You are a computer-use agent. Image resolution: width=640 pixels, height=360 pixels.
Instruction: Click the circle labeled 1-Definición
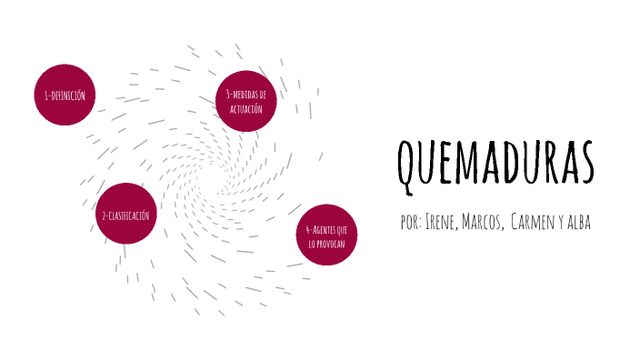point(65,95)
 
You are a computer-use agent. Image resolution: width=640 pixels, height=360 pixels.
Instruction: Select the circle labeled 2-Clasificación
point(126,215)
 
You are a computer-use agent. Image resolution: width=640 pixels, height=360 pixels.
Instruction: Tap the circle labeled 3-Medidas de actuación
point(245,101)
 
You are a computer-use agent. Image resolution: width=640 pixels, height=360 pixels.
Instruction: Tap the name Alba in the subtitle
point(579,223)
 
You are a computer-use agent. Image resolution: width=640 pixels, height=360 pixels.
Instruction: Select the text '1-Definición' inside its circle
point(65,95)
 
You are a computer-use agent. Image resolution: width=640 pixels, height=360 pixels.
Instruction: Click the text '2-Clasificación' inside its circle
point(126,215)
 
